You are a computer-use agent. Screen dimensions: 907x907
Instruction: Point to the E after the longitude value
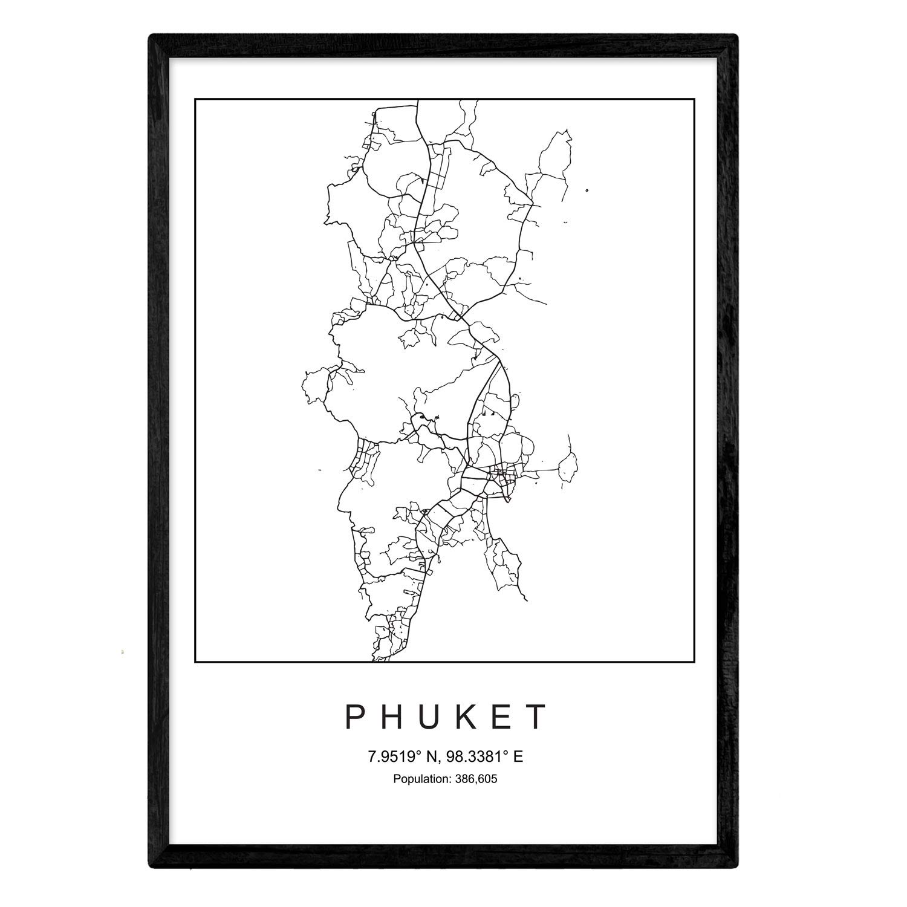click(x=518, y=756)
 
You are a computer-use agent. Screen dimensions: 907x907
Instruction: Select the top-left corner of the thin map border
click(x=195, y=98)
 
